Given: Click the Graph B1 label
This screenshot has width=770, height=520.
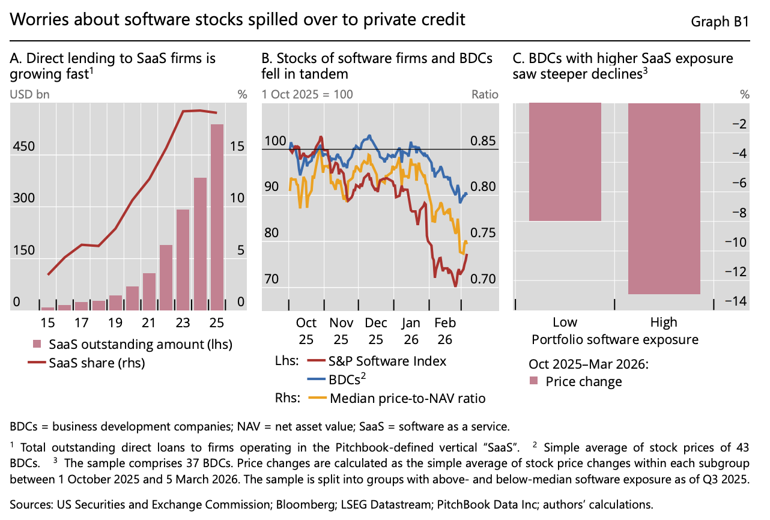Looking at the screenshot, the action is pyautogui.click(x=720, y=21).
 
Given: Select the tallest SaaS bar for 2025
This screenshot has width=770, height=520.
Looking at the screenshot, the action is pyautogui.click(x=217, y=217).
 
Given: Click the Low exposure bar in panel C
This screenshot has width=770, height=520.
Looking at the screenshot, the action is pyautogui.click(x=565, y=162).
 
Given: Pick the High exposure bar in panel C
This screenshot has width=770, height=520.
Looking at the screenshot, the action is pyautogui.click(x=664, y=199).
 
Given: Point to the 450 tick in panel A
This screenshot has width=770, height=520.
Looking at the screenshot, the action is pyautogui.click(x=23, y=147).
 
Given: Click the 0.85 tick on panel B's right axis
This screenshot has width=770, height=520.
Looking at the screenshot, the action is pyautogui.click(x=483, y=141).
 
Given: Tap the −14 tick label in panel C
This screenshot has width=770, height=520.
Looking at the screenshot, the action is pyautogui.click(x=736, y=301).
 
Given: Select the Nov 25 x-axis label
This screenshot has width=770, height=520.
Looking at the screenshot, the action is pyautogui.click(x=341, y=331).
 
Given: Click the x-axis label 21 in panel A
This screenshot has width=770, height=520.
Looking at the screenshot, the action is pyautogui.click(x=149, y=322).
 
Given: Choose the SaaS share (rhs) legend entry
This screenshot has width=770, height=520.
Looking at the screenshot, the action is pyautogui.click(x=86, y=363).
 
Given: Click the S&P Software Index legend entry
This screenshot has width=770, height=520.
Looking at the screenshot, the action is pyautogui.click(x=377, y=361).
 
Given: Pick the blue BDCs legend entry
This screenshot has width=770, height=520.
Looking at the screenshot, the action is pyautogui.click(x=336, y=379).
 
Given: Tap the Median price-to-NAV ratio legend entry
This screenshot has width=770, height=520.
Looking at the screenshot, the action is pyautogui.click(x=397, y=398).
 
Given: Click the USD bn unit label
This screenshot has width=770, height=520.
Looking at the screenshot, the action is pyautogui.click(x=29, y=94).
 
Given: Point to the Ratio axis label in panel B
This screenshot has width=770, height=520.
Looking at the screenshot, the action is pyautogui.click(x=485, y=94).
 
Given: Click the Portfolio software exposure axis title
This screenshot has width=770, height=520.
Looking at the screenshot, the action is pyautogui.click(x=615, y=340).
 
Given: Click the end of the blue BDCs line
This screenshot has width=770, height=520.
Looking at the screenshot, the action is pyautogui.click(x=467, y=194).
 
